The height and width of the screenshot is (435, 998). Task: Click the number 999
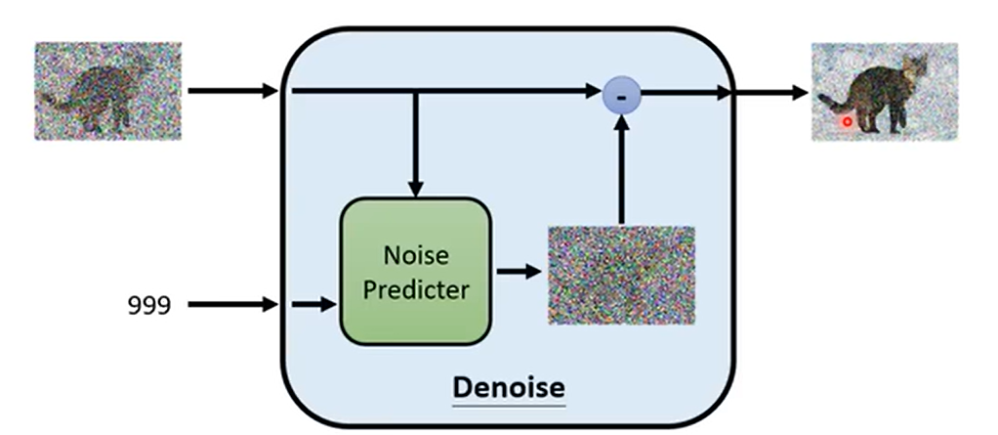(x=148, y=306)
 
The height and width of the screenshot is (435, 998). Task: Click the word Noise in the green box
(x=415, y=256)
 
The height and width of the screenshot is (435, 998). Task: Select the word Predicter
(x=415, y=290)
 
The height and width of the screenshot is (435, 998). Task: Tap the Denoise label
(x=508, y=387)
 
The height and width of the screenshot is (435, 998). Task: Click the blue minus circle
(x=621, y=94)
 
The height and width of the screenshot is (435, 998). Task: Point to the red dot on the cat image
(x=847, y=122)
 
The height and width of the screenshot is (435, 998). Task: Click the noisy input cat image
(x=107, y=90)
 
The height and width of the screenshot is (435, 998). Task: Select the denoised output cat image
(x=884, y=92)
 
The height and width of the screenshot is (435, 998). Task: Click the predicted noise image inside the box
(x=621, y=276)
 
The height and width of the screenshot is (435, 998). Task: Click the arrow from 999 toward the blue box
(x=232, y=305)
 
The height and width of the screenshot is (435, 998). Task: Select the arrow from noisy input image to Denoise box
(x=232, y=92)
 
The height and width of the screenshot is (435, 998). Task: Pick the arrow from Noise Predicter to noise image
(x=519, y=271)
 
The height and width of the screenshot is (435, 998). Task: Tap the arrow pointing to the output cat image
(x=771, y=93)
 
